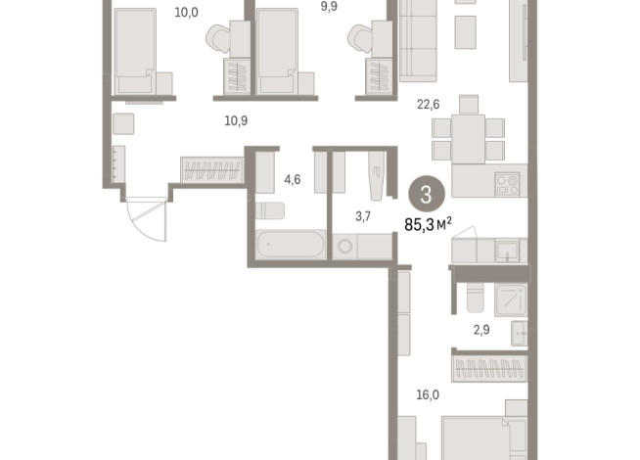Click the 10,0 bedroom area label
(187, 13)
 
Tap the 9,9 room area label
(329, 6)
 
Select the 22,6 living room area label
(429, 105)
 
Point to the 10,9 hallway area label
(236, 120)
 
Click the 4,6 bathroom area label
(293, 179)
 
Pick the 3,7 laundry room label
(363, 216)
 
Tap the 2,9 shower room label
(481, 330)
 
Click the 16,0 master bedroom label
(428, 394)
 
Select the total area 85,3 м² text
(428, 224)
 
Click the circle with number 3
(427, 194)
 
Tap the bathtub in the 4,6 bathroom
(291, 244)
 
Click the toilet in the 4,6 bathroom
(270, 210)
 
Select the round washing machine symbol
(345, 246)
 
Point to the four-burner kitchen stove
(507, 185)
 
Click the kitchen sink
(507, 251)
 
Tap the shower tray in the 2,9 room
(511, 300)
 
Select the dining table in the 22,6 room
(468, 139)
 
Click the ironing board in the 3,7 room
(376, 176)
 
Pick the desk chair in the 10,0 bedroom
(218, 39)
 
